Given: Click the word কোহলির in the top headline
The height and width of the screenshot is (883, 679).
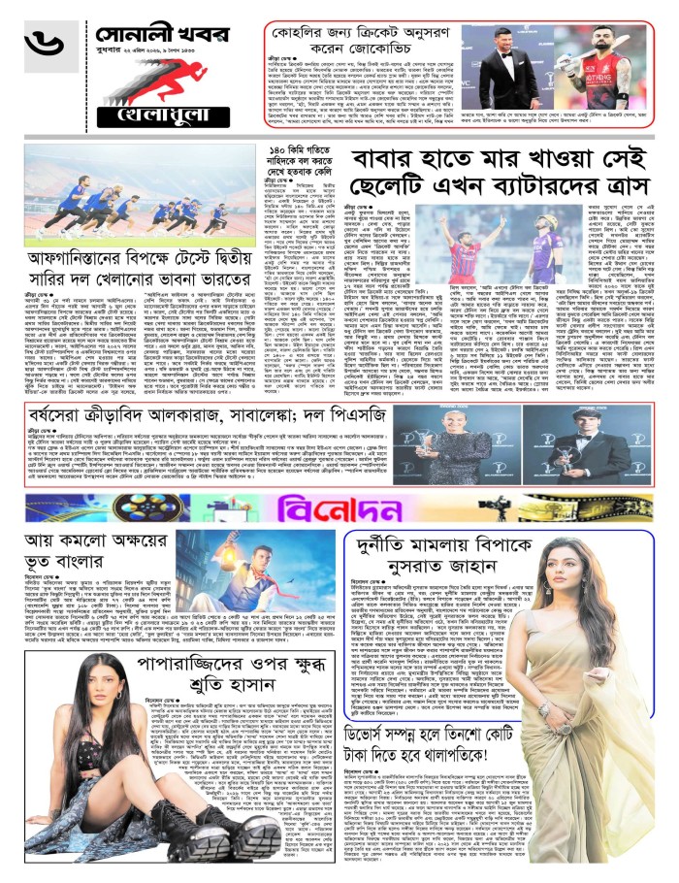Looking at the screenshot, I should pyautogui.click(x=311, y=26).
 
